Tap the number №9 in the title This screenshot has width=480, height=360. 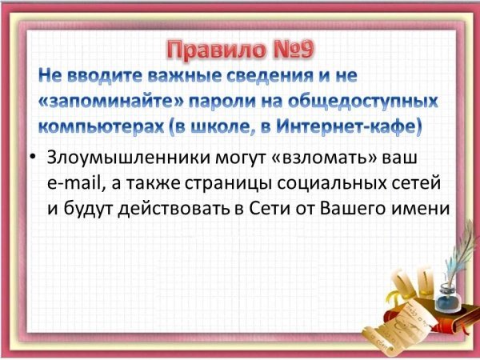(x=290, y=50)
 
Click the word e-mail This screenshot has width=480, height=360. (x=74, y=184)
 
